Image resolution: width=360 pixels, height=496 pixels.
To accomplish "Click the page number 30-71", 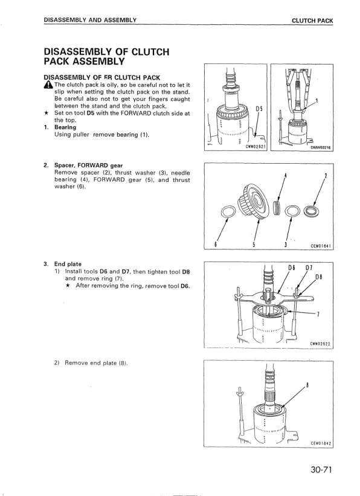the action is [321, 470].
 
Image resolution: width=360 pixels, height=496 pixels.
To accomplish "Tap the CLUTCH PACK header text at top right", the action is [312, 21].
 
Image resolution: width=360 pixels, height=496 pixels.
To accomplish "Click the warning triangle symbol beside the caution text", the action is [48, 85].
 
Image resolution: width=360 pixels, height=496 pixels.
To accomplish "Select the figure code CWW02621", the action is [256, 146].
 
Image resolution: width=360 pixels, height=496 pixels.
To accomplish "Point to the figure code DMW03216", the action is [320, 147].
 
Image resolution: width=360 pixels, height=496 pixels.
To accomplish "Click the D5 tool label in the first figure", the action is [259, 109].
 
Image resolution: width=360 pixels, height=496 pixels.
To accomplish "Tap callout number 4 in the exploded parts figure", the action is [286, 175].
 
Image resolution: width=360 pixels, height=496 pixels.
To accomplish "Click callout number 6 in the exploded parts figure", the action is [216, 244].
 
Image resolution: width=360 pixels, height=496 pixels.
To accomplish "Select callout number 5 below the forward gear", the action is [254, 244].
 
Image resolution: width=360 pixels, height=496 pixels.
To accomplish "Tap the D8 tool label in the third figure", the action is [319, 277].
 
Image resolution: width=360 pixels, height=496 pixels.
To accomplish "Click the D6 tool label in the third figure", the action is [292, 268].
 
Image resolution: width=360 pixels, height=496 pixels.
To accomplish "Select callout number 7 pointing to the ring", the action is [318, 314].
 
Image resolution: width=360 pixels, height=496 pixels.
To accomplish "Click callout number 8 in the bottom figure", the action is [307, 385].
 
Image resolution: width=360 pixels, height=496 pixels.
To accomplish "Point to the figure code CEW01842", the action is [320, 443].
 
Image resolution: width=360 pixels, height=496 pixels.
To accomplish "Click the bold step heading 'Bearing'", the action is [65, 127].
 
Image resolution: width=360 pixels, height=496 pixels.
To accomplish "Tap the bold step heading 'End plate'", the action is [68, 264].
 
